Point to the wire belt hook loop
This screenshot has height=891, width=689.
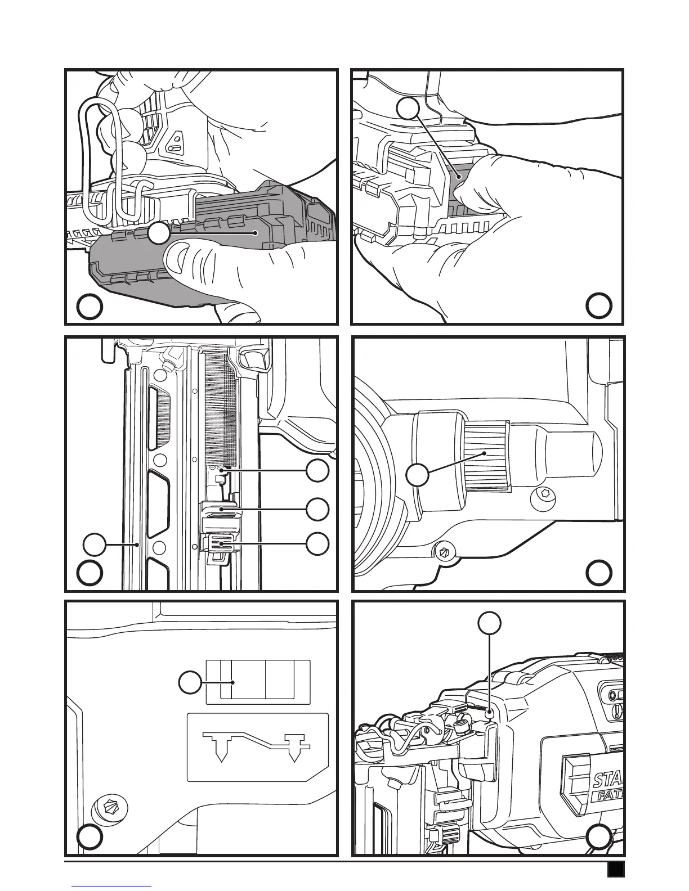pyautogui.click(x=99, y=163)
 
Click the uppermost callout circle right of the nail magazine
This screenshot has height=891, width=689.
pyautogui.click(x=318, y=470)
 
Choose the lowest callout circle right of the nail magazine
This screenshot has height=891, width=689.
pyautogui.click(x=318, y=543)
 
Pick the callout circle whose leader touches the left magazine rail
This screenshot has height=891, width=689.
pyautogui.click(x=94, y=544)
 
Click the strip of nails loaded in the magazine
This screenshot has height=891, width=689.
pyautogui.click(x=216, y=405)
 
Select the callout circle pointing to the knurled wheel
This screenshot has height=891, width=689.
pyautogui.click(x=417, y=475)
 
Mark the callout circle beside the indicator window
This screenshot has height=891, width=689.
pyautogui.click(x=190, y=683)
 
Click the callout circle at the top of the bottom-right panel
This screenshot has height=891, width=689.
pyautogui.click(x=490, y=623)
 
